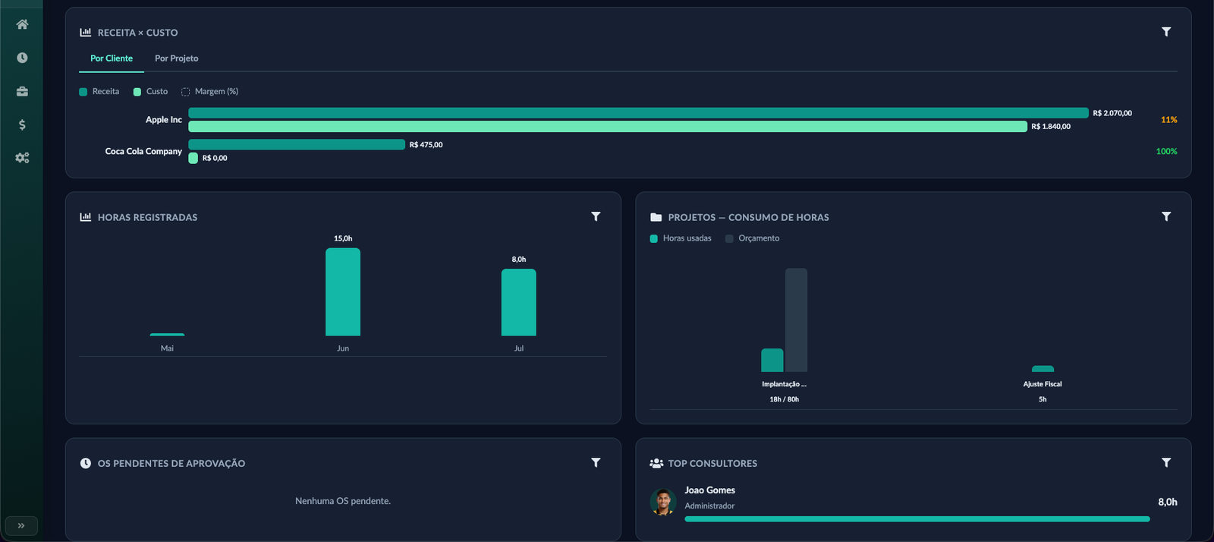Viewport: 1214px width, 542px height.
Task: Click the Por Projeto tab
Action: [x=176, y=58]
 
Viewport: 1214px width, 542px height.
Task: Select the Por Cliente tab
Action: [x=111, y=58]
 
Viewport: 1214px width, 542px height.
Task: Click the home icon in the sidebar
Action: [x=22, y=24]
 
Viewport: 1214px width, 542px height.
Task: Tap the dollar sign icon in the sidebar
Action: [x=22, y=124]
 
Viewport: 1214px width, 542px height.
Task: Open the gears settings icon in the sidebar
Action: [x=22, y=158]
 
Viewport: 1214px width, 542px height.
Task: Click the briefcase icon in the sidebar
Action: [x=22, y=91]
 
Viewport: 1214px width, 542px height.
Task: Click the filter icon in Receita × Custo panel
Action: [x=1166, y=32]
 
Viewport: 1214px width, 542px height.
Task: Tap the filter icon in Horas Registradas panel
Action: [x=596, y=217]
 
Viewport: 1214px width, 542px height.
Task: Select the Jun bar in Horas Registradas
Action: [x=342, y=292]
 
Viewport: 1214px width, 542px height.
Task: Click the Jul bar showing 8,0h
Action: [x=519, y=302]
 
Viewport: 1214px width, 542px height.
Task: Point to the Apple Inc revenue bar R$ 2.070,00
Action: [x=638, y=113]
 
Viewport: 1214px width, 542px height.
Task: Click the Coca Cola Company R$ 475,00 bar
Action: [x=297, y=144]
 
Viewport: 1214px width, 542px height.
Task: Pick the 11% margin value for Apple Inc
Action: [x=1169, y=120]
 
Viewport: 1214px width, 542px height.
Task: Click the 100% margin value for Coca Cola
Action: [x=1166, y=151]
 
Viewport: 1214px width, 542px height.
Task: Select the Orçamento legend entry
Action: [x=752, y=238]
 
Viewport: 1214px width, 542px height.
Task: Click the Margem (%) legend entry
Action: [x=209, y=92]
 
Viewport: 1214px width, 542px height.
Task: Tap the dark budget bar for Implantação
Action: [x=796, y=320]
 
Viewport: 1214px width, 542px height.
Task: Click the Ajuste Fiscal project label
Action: [x=1043, y=384]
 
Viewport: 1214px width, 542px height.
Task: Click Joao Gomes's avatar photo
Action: [x=663, y=502]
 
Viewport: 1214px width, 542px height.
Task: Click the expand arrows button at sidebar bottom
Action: [x=21, y=526]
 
